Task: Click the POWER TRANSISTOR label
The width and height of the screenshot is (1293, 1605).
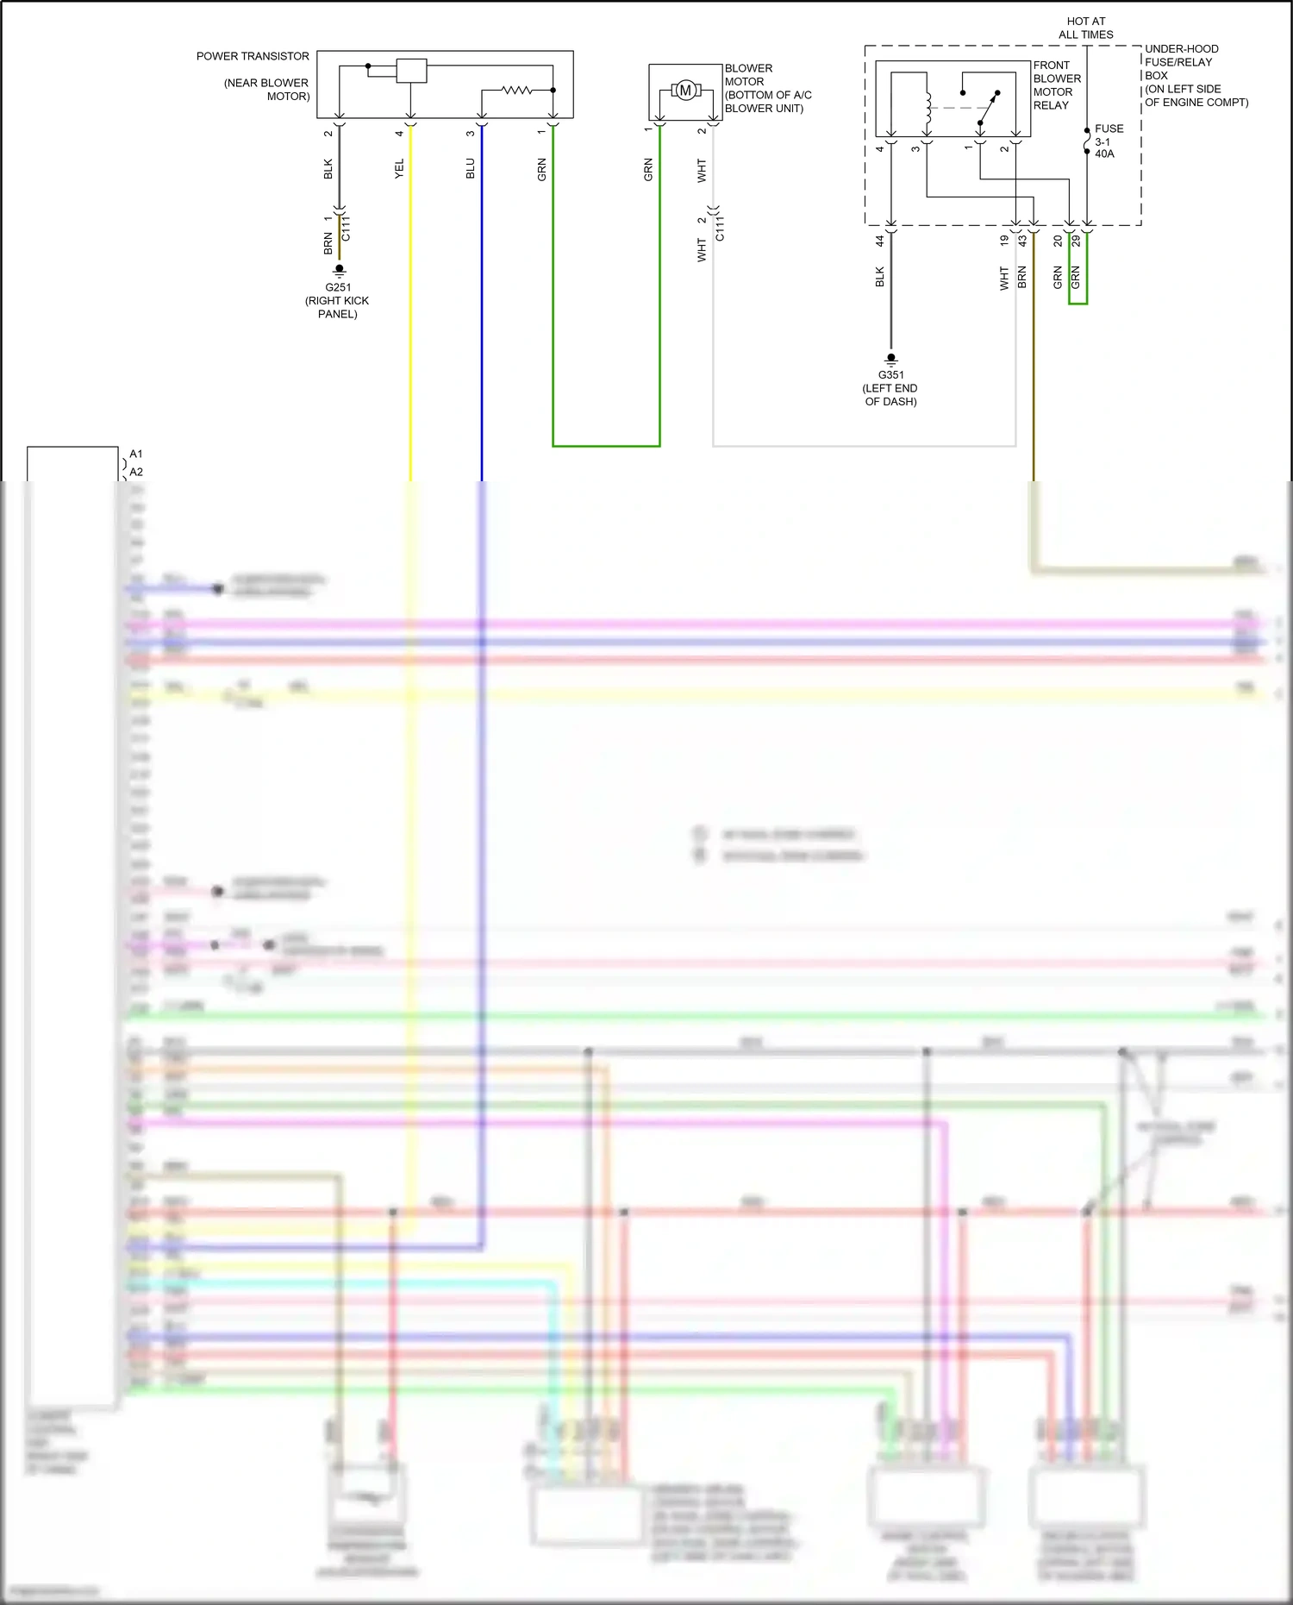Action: click(x=253, y=56)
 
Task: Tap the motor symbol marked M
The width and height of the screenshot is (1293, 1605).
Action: click(x=685, y=90)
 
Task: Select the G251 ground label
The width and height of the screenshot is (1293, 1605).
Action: click(x=338, y=287)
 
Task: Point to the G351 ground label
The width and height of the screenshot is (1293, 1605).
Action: click(x=891, y=375)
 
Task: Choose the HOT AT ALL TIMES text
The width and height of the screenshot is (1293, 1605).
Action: click(x=1086, y=28)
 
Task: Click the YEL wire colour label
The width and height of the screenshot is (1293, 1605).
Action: click(x=399, y=168)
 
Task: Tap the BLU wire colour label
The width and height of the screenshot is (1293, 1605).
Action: click(x=471, y=168)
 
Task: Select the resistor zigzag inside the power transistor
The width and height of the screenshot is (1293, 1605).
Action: click(x=517, y=89)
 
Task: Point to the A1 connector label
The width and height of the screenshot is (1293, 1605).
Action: click(x=136, y=454)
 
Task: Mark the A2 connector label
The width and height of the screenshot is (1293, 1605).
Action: click(x=136, y=472)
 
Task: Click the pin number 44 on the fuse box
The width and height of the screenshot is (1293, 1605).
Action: click(x=880, y=241)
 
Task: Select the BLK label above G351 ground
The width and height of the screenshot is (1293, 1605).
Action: click(x=880, y=277)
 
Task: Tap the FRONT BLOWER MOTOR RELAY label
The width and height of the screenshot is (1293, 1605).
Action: click(x=1056, y=85)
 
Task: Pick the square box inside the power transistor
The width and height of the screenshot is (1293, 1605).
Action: click(x=411, y=71)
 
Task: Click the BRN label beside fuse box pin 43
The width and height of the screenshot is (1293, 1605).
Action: click(x=1022, y=277)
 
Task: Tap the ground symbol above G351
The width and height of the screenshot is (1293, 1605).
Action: click(x=891, y=358)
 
